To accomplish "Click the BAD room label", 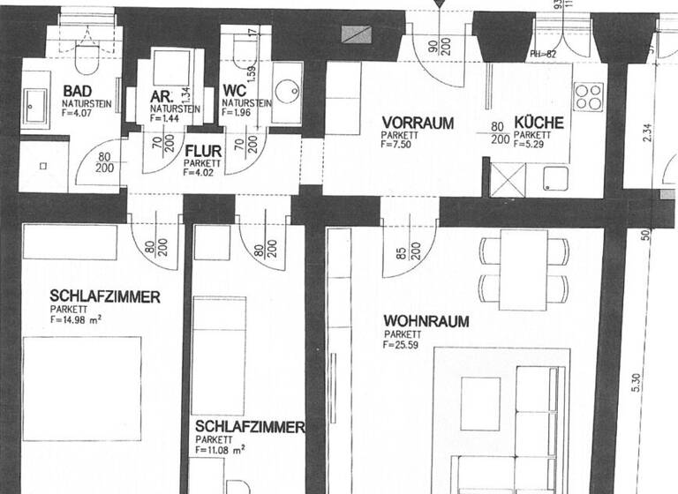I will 78,91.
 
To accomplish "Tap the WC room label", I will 234,91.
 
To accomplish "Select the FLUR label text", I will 203,151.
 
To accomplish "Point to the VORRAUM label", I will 418,123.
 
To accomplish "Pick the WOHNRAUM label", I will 426,322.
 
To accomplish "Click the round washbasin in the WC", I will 287,91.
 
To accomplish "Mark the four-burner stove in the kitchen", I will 587,96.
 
